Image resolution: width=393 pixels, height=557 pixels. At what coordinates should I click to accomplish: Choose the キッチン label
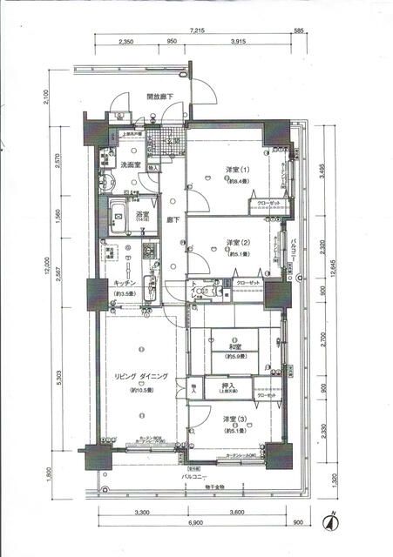click(127, 283)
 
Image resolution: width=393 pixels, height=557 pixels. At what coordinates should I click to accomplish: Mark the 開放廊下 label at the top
click(159, 97)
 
